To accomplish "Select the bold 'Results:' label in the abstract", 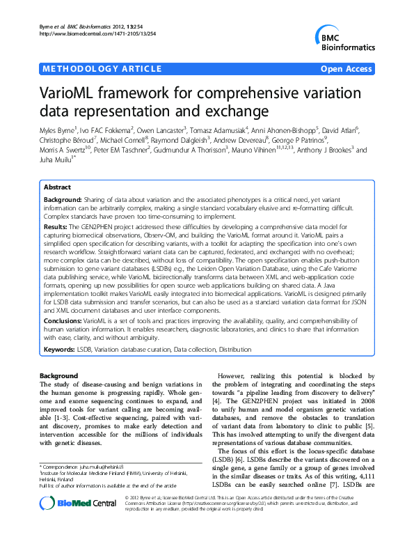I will tap(55, 227).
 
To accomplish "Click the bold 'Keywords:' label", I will tap(59, 348).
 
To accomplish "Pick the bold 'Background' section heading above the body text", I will tap(58, 376).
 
